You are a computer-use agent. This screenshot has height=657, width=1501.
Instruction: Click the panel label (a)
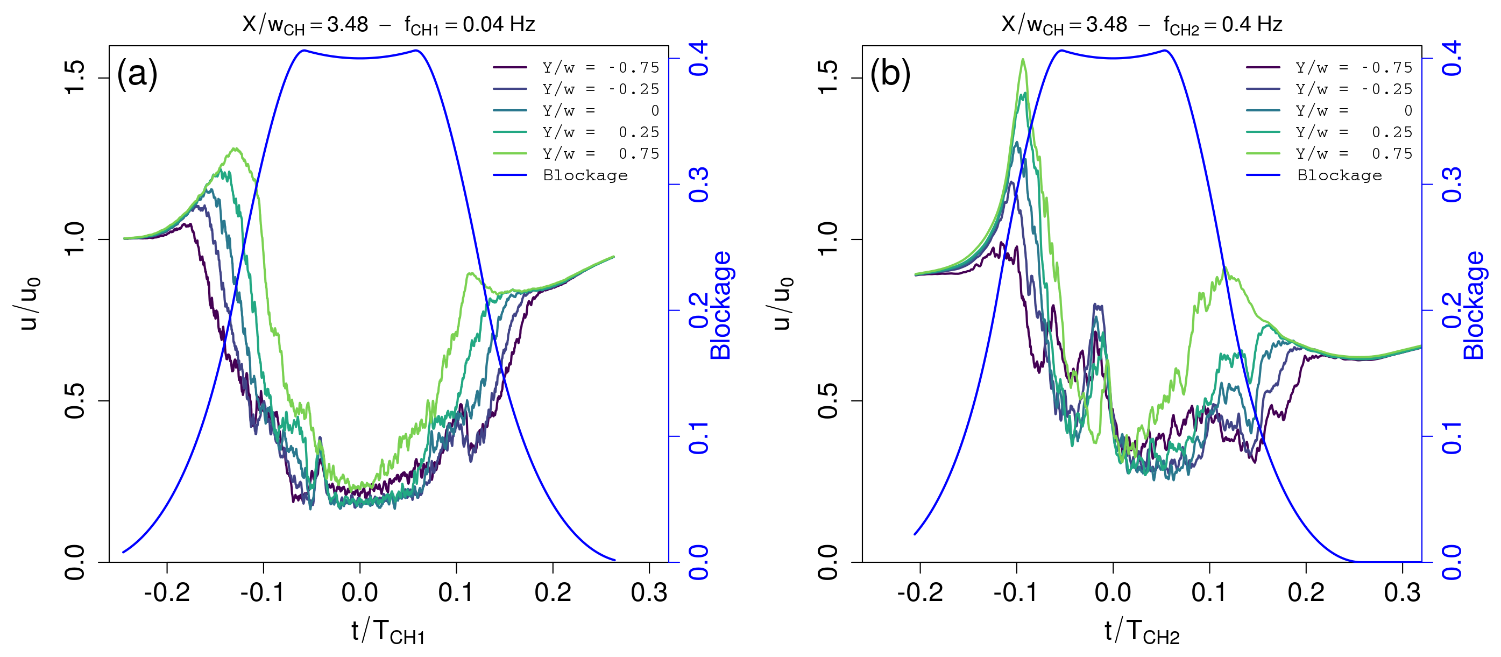137,75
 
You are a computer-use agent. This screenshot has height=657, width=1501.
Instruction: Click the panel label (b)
890,75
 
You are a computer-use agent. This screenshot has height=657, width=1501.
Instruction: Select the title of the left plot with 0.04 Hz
388,25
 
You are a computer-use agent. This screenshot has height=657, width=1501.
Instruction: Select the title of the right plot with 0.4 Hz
1142,25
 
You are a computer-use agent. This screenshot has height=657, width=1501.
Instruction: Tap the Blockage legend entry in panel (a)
585,175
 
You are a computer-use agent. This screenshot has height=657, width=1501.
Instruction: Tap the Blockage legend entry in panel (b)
1339,175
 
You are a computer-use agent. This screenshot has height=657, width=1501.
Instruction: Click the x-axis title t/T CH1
388,632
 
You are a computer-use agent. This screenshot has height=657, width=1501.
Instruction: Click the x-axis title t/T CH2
1142,632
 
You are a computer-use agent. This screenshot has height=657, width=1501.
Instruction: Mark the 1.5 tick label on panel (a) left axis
75,77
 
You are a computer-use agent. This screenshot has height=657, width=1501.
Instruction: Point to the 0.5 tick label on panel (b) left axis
827,401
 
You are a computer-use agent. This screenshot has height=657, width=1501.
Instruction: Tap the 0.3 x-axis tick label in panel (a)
649,593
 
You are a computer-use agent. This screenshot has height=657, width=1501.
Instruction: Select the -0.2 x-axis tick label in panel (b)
920,593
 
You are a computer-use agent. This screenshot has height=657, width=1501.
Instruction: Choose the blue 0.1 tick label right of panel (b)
1452,437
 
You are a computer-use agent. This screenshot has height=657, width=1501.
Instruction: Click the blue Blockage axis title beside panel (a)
720,305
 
